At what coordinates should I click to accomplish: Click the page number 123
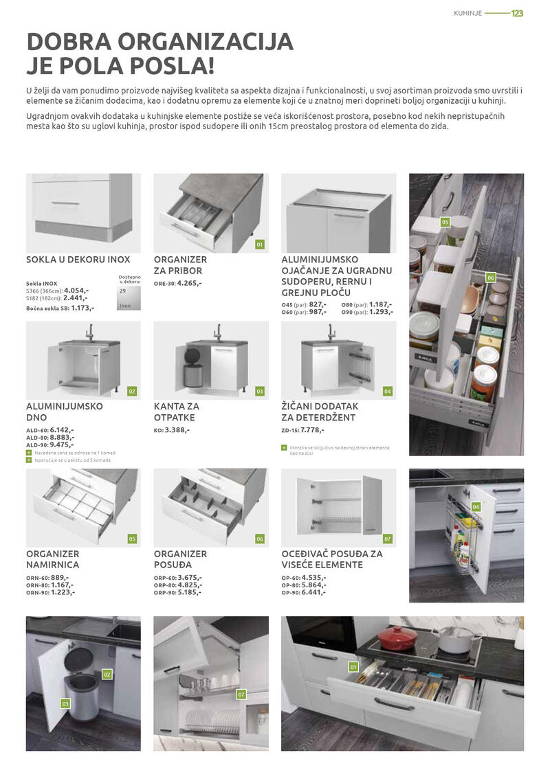coord(517,14)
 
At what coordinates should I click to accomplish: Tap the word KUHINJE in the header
coord(467,14)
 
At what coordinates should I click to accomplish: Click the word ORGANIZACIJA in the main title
coord(206,42)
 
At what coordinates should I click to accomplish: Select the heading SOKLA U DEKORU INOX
coord(78,260)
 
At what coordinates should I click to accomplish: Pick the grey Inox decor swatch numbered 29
coord(129,298)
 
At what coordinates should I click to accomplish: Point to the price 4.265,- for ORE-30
coord(189,282)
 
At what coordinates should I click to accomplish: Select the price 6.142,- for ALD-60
coord(62,429)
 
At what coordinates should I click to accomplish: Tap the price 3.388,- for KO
coord(177,430)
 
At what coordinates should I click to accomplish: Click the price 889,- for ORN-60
coord(60,577)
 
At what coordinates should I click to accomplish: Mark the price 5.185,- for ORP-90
coord(190,592)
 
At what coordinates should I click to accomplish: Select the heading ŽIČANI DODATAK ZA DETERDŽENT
coord(320,412)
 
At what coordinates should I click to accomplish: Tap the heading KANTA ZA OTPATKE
coord(175,412)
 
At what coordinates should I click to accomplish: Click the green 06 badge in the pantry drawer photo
coord(490,278)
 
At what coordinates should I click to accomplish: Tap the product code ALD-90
coord(37,445)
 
